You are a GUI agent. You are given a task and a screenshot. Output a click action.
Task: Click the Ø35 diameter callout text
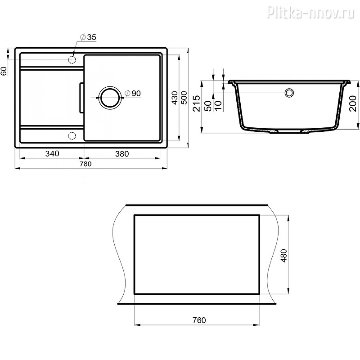tap(88, 37)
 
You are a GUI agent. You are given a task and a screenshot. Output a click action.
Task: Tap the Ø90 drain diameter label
tap(132, 93)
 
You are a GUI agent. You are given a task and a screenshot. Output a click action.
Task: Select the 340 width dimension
tap(52, 153)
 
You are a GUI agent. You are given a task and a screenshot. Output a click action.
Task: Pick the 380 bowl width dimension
tap(122, 153)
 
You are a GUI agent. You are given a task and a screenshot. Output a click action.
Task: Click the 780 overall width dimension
tap(85, 164)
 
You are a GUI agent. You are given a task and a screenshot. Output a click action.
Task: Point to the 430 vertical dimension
tap(175, 98)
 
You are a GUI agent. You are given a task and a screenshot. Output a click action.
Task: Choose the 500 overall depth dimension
tap(184, 98)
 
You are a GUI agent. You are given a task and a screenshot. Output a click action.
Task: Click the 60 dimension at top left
tap(4, 71)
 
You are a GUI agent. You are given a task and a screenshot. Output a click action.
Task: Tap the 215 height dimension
tap(197, 103)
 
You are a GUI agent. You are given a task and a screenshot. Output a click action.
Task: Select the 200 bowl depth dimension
tap(353, 103)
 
